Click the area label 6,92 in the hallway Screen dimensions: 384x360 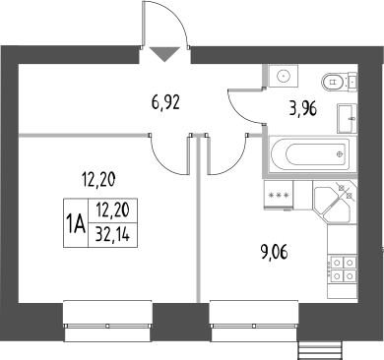coord(165,103)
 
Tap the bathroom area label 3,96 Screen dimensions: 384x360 coord(303,109)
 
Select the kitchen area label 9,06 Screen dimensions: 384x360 coord(274,253)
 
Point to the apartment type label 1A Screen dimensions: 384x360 coord(76,223)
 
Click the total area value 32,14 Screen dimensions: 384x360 coord(112,235)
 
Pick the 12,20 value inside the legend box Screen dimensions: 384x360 coord(112,210)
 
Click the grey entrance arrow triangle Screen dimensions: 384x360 coord(165,54)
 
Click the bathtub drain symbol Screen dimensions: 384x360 coord(341,154)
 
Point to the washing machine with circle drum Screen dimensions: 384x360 coord(284,76)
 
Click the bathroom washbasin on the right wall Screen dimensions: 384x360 coord(347,119)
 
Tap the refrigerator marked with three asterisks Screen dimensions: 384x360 coord(279,194)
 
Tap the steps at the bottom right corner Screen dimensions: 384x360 coord(319,350)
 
